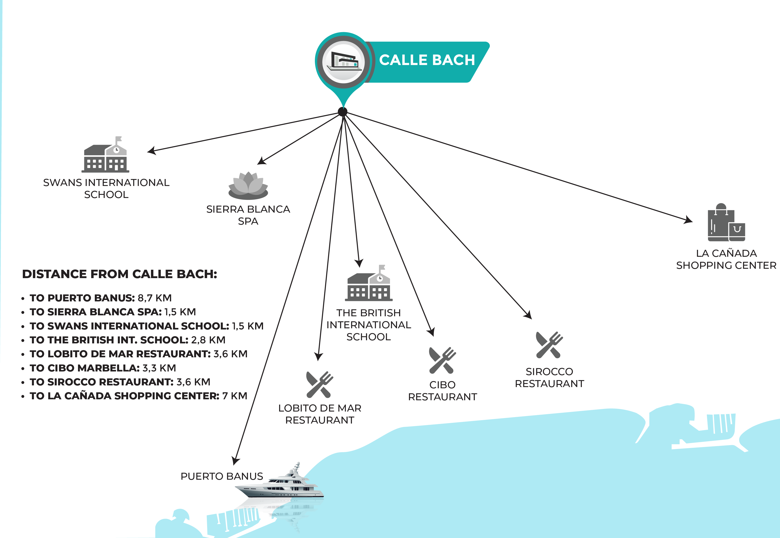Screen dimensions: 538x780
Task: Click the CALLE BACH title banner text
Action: click(427, 60)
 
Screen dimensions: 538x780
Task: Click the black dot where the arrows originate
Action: click(342, 112)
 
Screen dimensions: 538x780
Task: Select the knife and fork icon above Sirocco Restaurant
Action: click(549, 345)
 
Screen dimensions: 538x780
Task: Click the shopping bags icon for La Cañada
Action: click(726, 223)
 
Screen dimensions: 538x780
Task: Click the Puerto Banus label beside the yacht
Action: click(222, 476)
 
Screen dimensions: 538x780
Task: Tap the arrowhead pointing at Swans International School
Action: click(152, 151)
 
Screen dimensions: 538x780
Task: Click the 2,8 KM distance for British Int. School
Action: click(208, 340)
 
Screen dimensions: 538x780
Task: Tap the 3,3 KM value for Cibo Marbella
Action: click(159, 368)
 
